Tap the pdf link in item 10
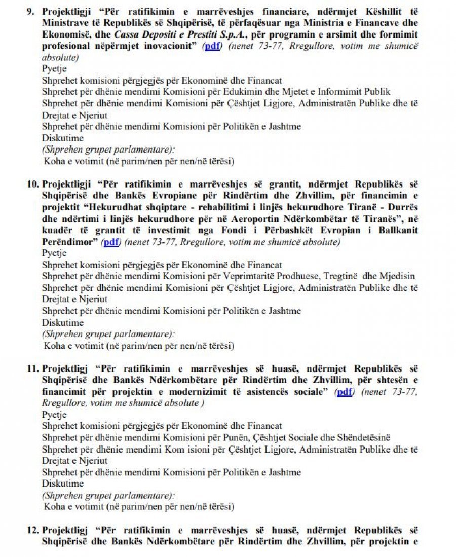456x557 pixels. (x=111, y=242)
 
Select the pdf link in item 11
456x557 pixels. (x=345, y=391)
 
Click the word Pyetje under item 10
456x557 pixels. (x=54, y=253)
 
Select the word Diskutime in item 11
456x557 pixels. (x=62, y=484)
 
